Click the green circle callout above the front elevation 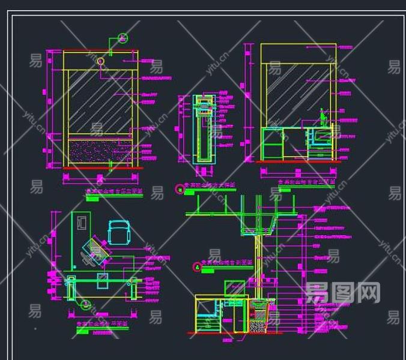(x=123, y=38)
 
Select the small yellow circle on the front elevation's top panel (x=100, y=61)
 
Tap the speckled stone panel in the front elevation (x=98, y=151)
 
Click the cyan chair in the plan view (x=119, y=232)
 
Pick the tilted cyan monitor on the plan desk (x=97, y=250)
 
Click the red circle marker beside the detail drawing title (x=179, y=190)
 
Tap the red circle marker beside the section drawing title (x=196, y=267)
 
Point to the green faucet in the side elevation (x=323, y=116)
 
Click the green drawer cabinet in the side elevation (x=273, y=145)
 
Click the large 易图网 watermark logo (x=343, y=293)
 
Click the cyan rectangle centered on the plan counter (x=103, y=279)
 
